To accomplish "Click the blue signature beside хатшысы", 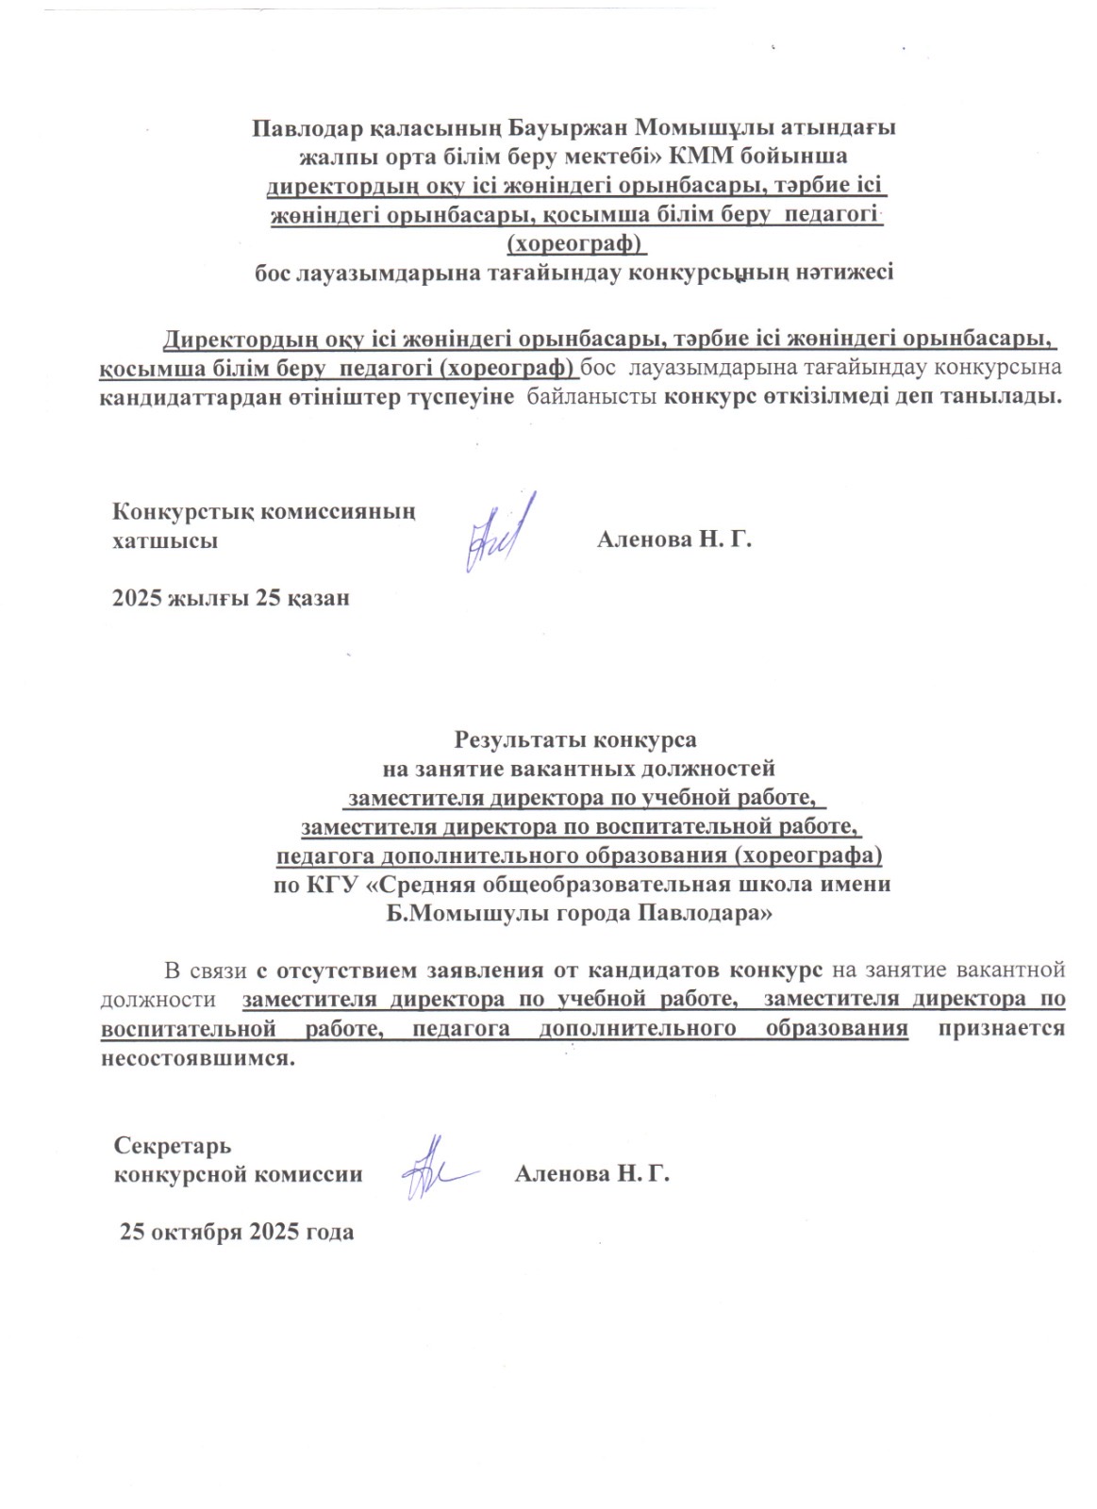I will click(497, 532).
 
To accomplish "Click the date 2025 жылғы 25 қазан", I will click(231, 598).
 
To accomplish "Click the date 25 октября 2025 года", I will click(237, 1232).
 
